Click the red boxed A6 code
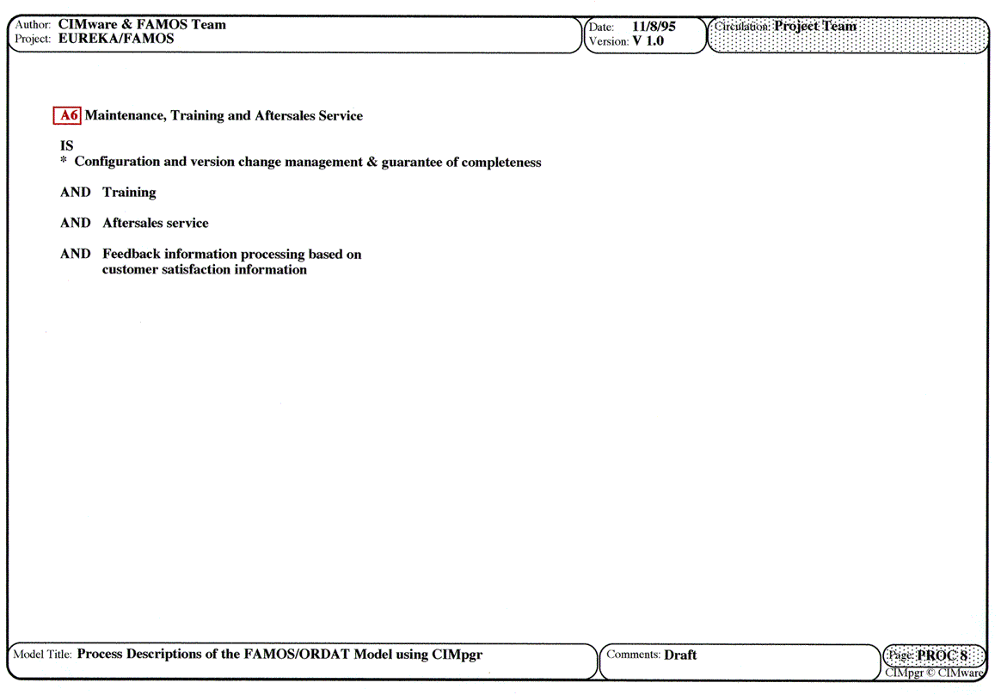68,116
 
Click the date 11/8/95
654,27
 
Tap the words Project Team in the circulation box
815,26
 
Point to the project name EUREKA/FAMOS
116,39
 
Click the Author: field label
33,25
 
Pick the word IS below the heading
67,146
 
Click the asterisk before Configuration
64,162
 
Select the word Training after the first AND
129,193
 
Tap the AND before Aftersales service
75,224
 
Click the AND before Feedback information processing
75,255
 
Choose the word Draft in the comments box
680,655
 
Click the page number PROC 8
942,655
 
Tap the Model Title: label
43,655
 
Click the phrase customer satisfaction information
205,270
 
